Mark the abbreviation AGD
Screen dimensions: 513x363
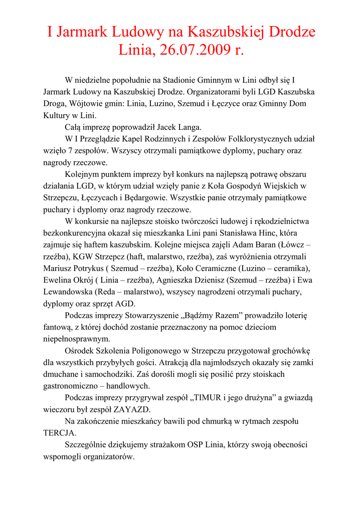[125, 304]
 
